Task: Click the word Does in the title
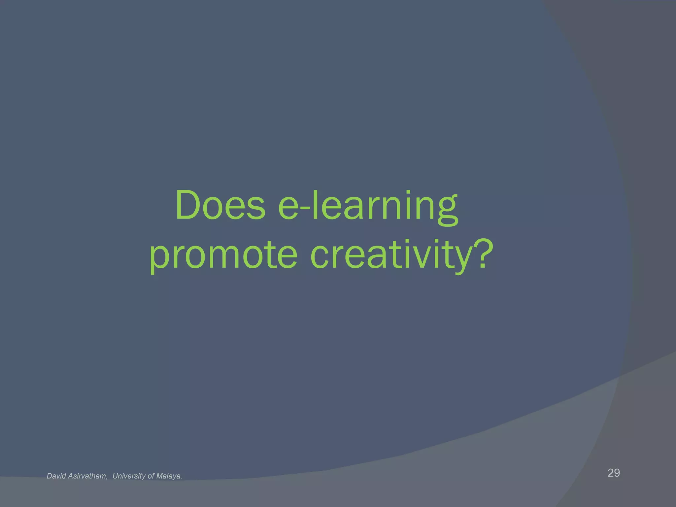click(x=220, y=205)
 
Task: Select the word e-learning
click(x=368, y=205)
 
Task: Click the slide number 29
click(x=614, y=473)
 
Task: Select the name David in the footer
click(x=56, y=476)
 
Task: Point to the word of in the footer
click(x=151, y=476)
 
